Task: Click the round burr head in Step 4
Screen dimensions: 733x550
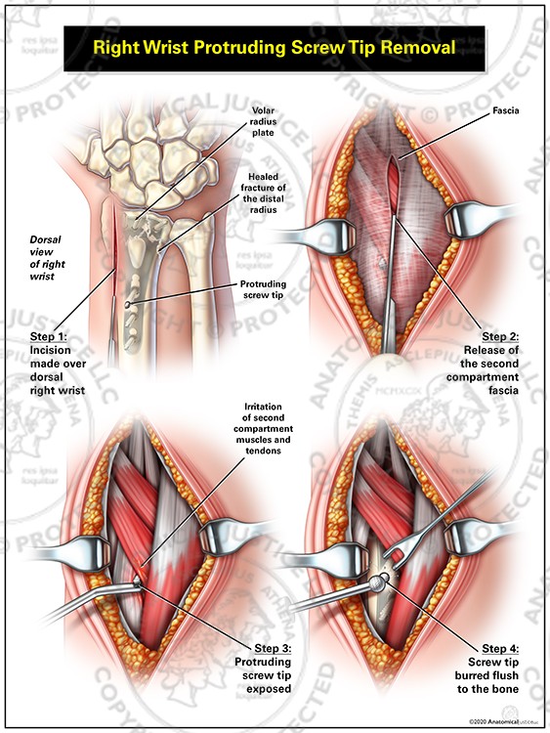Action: [x=376, y=583]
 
